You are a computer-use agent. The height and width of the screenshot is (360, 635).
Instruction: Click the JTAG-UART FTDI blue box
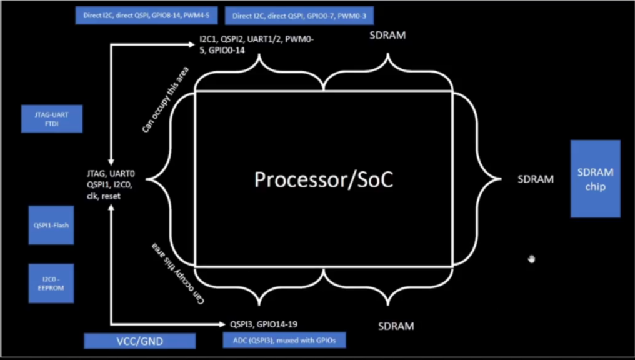coord(52,119)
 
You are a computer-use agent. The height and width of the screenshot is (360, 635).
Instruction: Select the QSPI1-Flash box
coord(51,224)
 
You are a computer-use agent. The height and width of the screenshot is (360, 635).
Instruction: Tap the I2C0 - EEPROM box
coord(51,284)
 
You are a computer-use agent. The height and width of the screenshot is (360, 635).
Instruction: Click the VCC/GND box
coord(139,341)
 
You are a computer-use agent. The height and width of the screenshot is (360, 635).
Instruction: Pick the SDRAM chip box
coord(595,179)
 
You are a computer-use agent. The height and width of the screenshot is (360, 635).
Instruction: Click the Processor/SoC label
coord(324,179)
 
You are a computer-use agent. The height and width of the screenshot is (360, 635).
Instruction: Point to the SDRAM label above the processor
coord(387,36)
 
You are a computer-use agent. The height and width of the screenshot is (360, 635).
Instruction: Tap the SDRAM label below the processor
coord(396,326)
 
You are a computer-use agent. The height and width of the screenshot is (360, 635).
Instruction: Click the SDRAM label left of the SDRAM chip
coord(536,179)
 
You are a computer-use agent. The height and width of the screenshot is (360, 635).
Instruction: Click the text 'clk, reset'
coord(104,196)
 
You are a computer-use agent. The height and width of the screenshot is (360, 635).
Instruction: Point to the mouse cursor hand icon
coord(531,259)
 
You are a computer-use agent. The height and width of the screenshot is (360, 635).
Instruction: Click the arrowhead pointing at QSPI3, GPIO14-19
coord(224,324)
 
